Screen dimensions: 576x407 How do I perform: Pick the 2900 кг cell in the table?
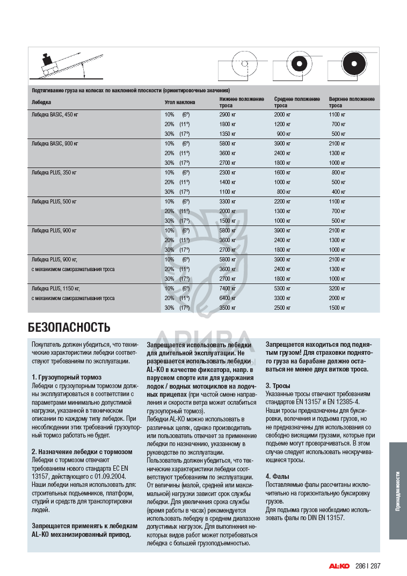(228, 115)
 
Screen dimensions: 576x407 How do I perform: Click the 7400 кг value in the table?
(228, 288)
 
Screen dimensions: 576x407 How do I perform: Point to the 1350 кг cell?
(228, 134)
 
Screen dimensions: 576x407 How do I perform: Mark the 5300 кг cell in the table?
(282, 288)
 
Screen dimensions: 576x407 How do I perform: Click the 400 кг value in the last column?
(338, 192)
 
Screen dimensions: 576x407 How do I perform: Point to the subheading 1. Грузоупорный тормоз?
(66, 377)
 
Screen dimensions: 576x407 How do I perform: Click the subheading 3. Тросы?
(278, 386)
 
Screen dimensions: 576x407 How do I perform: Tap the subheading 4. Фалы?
(278, 476)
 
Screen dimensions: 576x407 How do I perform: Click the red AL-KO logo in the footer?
(339, 565)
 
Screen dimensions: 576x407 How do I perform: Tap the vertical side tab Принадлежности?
(398, 491)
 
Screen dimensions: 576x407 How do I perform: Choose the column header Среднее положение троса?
(297, 102)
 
